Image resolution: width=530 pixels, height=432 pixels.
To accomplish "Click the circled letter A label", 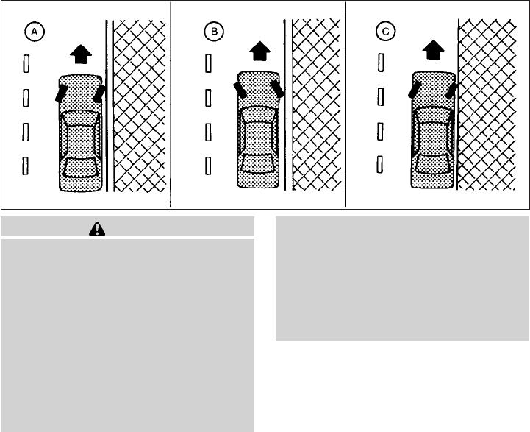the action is (35, 32).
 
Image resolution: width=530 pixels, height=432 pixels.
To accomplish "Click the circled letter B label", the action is (214, 32).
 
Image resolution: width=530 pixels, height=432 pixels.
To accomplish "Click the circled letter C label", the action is (385, 32).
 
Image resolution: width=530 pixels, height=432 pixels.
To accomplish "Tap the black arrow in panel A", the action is (81, 54).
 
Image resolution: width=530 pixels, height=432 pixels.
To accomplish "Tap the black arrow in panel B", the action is (260, 51).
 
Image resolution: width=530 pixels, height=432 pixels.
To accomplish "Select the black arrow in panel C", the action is (433, 50).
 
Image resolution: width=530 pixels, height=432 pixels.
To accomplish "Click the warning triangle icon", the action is (97, 229).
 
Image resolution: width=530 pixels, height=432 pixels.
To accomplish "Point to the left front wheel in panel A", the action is (61, 93).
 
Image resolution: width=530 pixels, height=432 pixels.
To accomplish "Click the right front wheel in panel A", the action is (99, 93).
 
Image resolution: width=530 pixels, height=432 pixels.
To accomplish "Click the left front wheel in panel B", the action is (240, 90).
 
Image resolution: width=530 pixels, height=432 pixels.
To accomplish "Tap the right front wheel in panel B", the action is (278, 89).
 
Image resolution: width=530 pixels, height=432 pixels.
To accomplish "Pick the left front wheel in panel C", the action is (415, 90).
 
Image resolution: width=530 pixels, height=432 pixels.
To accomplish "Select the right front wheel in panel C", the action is (451, 91).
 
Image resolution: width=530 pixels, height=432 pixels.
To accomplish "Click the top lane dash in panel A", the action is (26, 63).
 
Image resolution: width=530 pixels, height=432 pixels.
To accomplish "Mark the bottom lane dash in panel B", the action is (208, 166).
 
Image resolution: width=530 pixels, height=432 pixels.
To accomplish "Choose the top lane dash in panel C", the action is (381, 63).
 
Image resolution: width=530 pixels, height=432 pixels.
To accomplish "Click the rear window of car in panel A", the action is (80, 167).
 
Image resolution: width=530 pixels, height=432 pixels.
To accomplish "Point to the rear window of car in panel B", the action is (258, 163).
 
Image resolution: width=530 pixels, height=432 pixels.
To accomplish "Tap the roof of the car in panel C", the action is (433, 138).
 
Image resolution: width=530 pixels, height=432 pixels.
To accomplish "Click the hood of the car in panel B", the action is (258, 89).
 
